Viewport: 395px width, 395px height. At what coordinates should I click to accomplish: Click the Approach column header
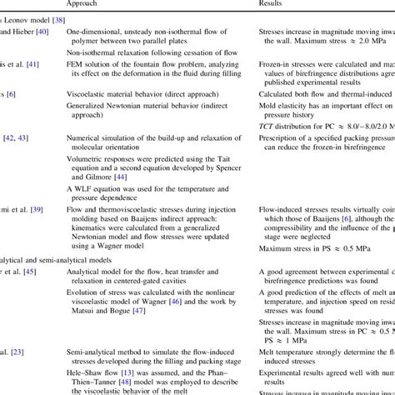click(x=83, y=5)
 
